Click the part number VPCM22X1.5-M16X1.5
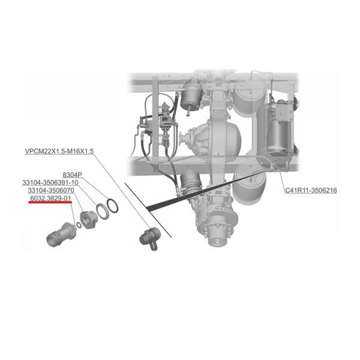[x=59, y=151]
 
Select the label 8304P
[x=73, y=175]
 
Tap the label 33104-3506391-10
[x=50, y=183]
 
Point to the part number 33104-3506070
[x=51, y=190]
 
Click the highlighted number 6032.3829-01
[x=50, y=198]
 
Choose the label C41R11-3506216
[x=311, y=190]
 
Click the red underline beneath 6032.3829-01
[x=50, y=202]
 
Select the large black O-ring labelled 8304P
[x=112, y=206]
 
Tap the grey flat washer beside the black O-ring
[x=102, y=211]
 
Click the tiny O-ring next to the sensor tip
[x=79, y=225]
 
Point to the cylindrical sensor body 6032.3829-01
[x=61, y=235]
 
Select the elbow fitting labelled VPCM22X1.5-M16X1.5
[x=151, y=238]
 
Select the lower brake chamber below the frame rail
[x=190, y=182]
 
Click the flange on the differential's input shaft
[x=183, y=139]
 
